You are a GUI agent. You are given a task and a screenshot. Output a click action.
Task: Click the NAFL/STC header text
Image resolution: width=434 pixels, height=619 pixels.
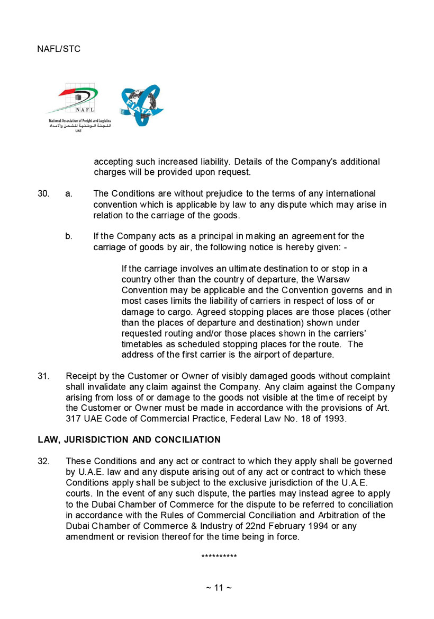click(59, 49)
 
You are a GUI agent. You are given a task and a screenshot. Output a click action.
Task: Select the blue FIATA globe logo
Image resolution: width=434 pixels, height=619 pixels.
click(141, 104)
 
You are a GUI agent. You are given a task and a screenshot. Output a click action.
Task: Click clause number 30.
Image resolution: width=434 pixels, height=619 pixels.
click(43, 193)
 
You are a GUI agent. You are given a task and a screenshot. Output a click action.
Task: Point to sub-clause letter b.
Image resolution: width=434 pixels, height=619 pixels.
click(69, 236)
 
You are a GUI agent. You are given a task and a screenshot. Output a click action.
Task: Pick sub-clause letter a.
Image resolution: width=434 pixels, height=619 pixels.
click(69, 193)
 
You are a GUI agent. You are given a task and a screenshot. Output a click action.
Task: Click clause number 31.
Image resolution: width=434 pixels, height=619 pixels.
click(43, 376)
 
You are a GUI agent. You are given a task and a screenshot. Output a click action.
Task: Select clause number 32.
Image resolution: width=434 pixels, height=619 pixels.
click(43, 461)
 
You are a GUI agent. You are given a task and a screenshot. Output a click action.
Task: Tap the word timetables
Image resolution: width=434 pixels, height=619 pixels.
click(142, 344)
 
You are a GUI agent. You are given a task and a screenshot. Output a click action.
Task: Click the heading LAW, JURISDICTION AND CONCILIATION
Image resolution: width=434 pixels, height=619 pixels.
click(129, 440)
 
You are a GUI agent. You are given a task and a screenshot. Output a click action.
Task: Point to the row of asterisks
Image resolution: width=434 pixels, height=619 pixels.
click(219, 556)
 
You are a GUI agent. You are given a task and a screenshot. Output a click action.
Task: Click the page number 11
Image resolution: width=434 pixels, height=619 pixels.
click(219, 588)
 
